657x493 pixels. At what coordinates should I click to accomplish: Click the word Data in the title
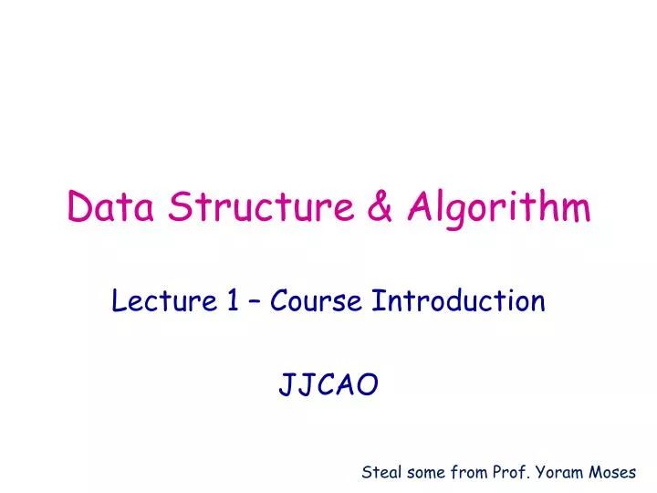click(108, 208)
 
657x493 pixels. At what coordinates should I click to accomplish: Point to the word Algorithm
click(498, 210)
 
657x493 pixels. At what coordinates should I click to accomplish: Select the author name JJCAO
click(328, 386)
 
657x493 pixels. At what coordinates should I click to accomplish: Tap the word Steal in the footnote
click(381, 472)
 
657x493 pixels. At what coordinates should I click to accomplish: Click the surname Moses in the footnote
click(615, 472)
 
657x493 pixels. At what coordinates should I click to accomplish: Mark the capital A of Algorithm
click(421, 208)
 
